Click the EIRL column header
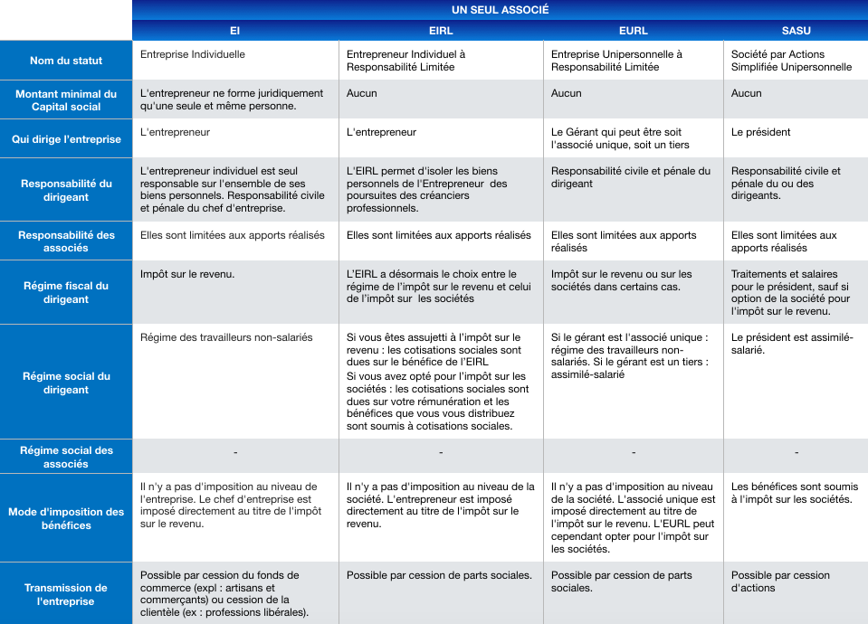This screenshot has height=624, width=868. pos(441,31)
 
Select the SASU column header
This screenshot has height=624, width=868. pos(796,31)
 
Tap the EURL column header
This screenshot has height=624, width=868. pos(633,31)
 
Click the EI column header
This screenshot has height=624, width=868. pos(235,31)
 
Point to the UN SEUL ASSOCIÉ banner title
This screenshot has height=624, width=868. pos(501,10)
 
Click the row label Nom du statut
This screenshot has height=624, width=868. pos(66,61)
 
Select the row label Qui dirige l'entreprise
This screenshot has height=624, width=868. pos(66,139)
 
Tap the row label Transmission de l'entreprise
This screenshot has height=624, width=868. pos(66,594)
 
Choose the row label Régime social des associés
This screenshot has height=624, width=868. pos(66,457)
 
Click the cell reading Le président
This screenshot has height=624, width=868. pos(761,132)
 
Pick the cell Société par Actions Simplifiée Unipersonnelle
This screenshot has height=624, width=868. pos(791,61)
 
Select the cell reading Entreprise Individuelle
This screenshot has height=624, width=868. pos(193,54)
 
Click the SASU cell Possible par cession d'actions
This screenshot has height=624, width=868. pos(780,581)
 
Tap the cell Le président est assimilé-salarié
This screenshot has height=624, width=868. pos(792,344)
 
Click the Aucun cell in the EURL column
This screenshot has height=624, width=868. pos(567,93)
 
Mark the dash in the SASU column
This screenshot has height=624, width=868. pos(796,452)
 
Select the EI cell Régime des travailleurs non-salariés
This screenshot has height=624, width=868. pos(226,337)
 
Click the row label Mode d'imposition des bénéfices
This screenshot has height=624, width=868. pos(66,518)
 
